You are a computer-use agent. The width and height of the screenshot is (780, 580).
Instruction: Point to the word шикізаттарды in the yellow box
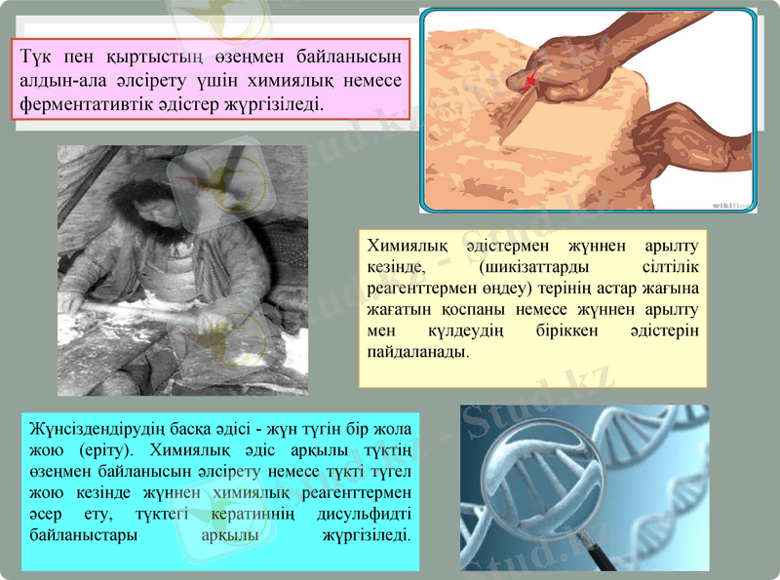click(x=517, y=267)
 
